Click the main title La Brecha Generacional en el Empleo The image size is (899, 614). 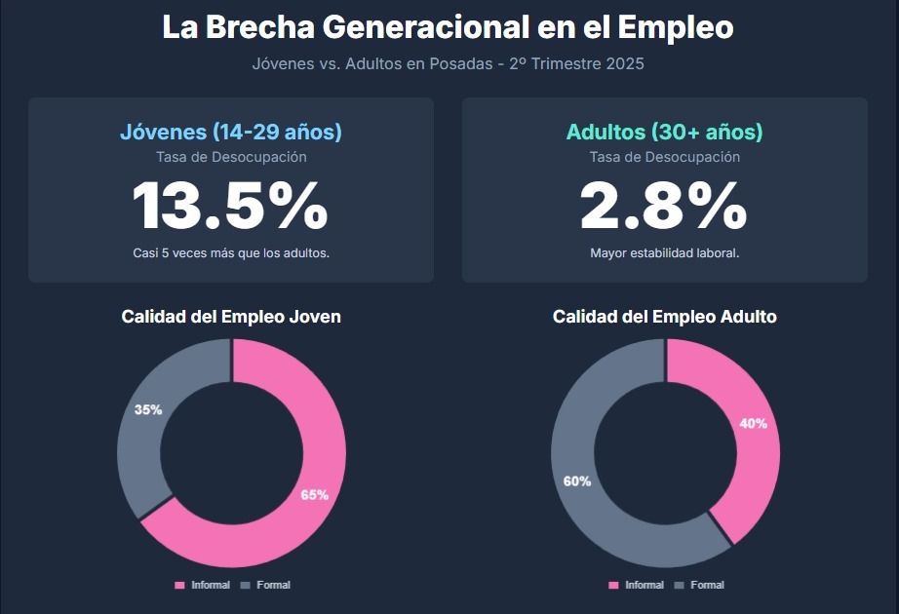click(448, 27)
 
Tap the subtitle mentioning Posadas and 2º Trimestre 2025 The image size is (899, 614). click(448, 64)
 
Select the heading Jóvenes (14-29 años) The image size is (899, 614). click(231, 133)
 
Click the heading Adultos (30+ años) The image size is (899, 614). click(664, 133)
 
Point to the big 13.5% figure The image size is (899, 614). click(231, 206)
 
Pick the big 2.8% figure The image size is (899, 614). click(664, 206)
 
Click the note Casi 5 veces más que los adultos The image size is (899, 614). click(231, 253)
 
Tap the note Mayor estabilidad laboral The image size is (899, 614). click(664, 253)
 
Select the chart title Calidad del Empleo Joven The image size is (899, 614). click(231, 317)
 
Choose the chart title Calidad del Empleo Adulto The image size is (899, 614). click(664, 317)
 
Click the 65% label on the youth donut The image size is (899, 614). click(314, 495)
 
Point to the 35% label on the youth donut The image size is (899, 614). click(148, 410)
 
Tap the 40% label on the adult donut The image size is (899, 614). click(753, 424)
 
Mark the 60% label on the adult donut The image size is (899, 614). click(577, 481)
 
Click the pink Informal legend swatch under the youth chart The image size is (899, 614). click(179, 585)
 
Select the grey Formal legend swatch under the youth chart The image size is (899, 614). click(245, 585)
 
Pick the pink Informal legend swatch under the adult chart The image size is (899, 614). click(613, 585)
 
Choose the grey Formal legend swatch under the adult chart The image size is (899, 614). click(679, 585)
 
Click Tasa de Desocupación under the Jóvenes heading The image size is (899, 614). click(231, 157)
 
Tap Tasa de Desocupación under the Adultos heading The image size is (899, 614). click(664, 157)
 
